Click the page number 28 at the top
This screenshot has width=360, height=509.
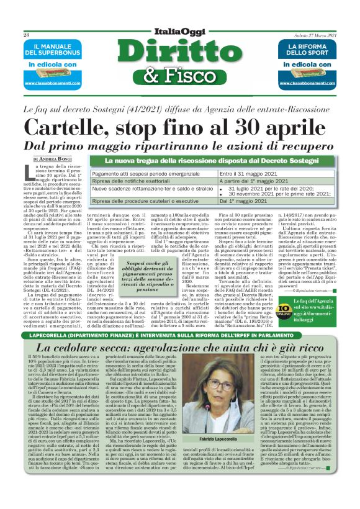tap(25, 35)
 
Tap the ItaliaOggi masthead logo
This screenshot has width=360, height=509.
tap(180, 35)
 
